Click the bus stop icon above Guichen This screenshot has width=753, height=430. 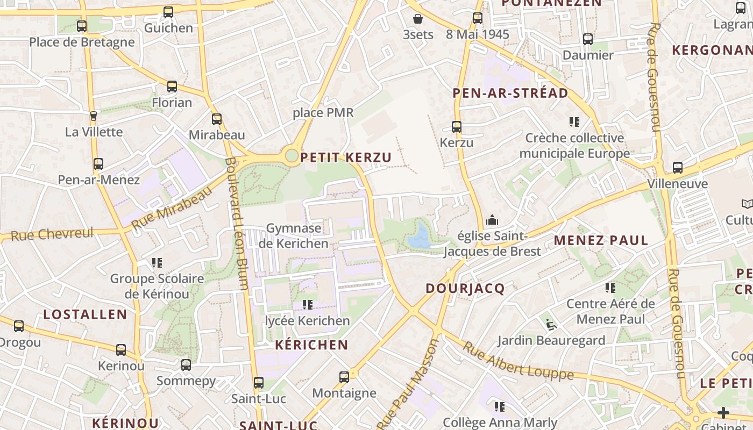[168, 12]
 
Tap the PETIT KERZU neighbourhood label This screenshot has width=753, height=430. [346, 157]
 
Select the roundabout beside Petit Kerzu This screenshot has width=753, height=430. [292, 156]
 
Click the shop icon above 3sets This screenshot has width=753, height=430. [418, 19]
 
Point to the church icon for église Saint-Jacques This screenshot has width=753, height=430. [492, 220]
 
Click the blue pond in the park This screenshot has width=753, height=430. [418, 237]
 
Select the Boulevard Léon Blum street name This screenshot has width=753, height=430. [237, 223]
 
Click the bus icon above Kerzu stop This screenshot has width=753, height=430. [457, 127]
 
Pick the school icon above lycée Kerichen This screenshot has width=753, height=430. [308, 305]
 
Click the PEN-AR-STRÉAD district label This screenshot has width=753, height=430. [510, 93]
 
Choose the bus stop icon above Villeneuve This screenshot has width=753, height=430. [678, 168]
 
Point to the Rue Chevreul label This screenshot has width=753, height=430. [52, 234]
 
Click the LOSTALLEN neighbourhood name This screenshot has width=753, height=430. [85, 314]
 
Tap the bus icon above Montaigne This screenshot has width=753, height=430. [344, 377]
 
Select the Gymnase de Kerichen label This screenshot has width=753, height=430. [294, 236]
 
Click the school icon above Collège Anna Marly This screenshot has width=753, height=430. [500, 407]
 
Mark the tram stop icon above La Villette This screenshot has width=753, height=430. [94, 116]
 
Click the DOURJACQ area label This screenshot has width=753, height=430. [465, 289]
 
